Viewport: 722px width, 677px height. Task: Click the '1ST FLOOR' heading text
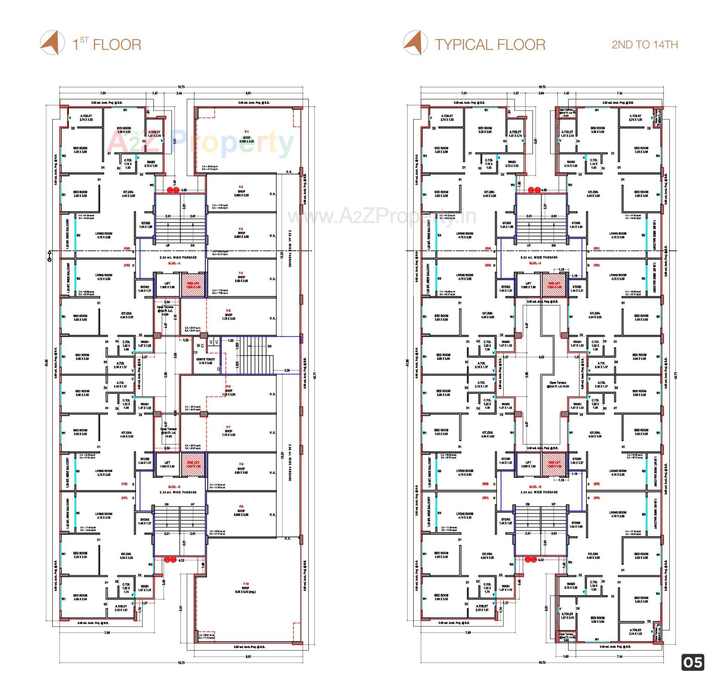[x=107, y=44]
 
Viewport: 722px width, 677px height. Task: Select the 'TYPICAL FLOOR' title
[x=490, y=45]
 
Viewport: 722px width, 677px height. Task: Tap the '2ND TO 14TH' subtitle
[x=645, y=45]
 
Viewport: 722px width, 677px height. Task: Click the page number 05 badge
[x=693, y=662]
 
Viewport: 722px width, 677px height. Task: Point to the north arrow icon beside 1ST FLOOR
[x=50, y=43]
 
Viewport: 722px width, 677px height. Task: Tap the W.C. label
[x=200, y=346]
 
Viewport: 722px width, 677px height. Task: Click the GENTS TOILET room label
[x=205, y=361]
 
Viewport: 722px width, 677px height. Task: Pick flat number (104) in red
[x=127, y=249]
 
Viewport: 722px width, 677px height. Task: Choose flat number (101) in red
[x=124, y=498]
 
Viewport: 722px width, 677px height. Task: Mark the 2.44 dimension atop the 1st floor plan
[x=179, y=93]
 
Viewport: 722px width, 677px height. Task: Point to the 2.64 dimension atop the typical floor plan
[x=541, y=93]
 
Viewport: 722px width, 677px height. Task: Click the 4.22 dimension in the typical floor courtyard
[x=541, y=357]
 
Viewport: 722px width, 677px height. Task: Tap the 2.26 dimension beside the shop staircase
[x=287, y=370]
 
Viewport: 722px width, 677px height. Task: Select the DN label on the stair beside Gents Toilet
[x=269, y=346]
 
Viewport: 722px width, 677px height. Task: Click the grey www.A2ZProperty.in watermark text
[x=382, y=216]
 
